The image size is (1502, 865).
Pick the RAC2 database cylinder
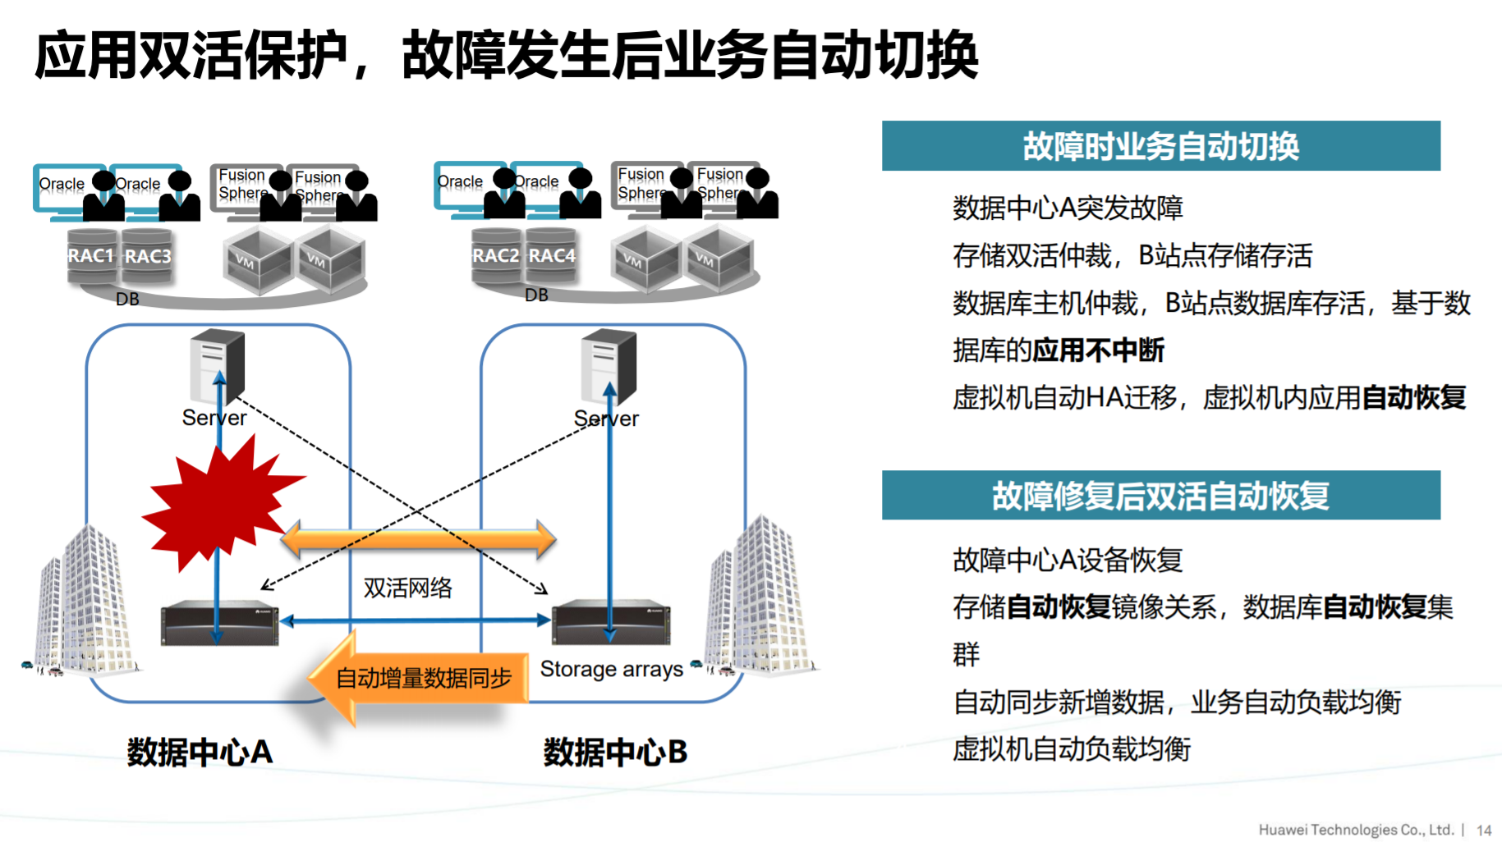pyautogui.click(x=495, y=256)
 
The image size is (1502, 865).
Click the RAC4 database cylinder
pyautogui.click(x=552, y=256)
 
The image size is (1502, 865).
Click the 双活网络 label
pyautogui.click(x=407, y=588)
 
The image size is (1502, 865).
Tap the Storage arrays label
pyautogui.click(x=611, y=669)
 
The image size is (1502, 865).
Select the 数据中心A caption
pyautogui.click(x=200, y=752)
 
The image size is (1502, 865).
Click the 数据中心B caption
pyautogui.click(x=615, y=752)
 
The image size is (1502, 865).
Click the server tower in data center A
pyautogui.click(x=217, y=365)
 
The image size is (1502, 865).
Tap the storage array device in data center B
pyautogui.click(x=611, y=624)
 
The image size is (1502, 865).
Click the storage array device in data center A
pyautogui.click(x=219, y=624)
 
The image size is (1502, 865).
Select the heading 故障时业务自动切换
pyautogui.click(x=1160, y=146)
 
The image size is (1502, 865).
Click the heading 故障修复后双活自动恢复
pyautogui.click(x=1160, y=495)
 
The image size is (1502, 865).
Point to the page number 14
pyautogui.click(x=1483, y=830)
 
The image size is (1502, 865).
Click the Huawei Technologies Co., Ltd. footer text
pyautogui.click(x=1356, y=830)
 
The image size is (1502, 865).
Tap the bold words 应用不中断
pyautogui.click(x=1098, y=350)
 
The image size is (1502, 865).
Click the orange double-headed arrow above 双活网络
pyautogui.click(x=418, y=539)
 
